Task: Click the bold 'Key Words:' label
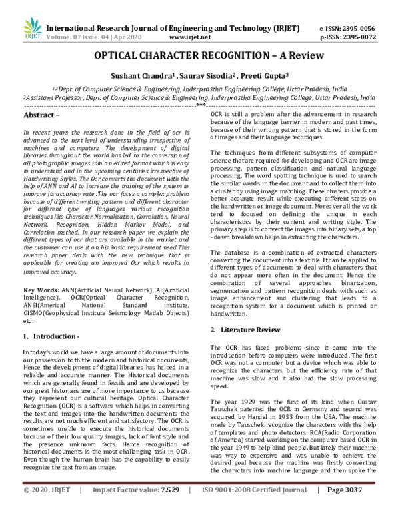42,291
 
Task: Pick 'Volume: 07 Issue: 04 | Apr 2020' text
97,21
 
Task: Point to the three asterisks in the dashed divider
199,106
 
